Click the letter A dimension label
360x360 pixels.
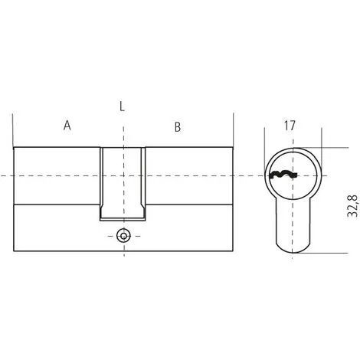67,125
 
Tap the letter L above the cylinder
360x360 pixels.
123,106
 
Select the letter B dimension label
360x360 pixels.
178,126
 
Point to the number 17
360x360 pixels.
290,125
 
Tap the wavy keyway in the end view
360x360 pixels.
283,176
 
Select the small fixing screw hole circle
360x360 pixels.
123,235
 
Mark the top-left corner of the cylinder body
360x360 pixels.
14,146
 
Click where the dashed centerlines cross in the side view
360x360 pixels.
123,177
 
